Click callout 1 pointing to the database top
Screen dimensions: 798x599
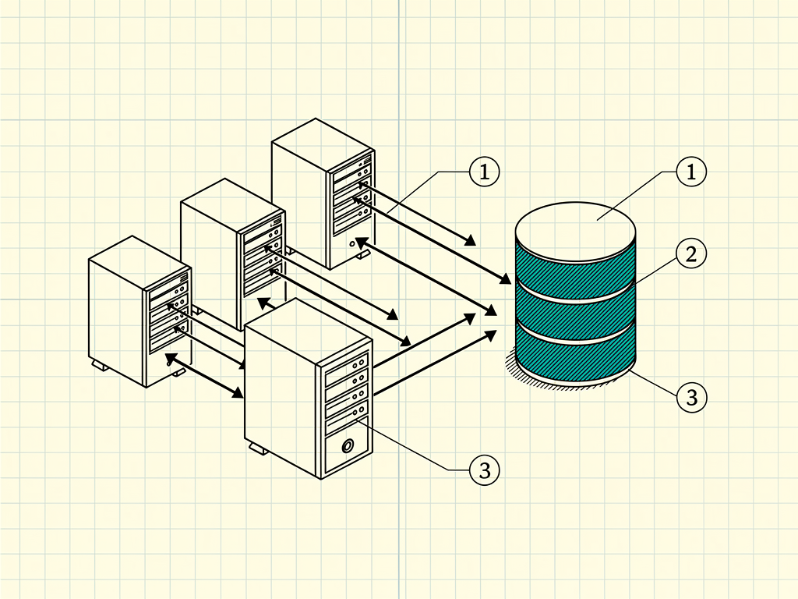pos(691,172)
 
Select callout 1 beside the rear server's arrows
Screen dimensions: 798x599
pos(484,172)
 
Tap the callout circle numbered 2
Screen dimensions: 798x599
pos(691,253)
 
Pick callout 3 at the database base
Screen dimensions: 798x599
pos(692,397)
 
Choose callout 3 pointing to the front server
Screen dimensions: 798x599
pos(485,470)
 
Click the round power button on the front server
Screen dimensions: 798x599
pos(348,446)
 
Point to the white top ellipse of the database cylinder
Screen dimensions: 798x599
pos(576,232)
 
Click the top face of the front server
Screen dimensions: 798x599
pos(306,330)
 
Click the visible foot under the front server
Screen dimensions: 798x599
pos(259,448)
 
